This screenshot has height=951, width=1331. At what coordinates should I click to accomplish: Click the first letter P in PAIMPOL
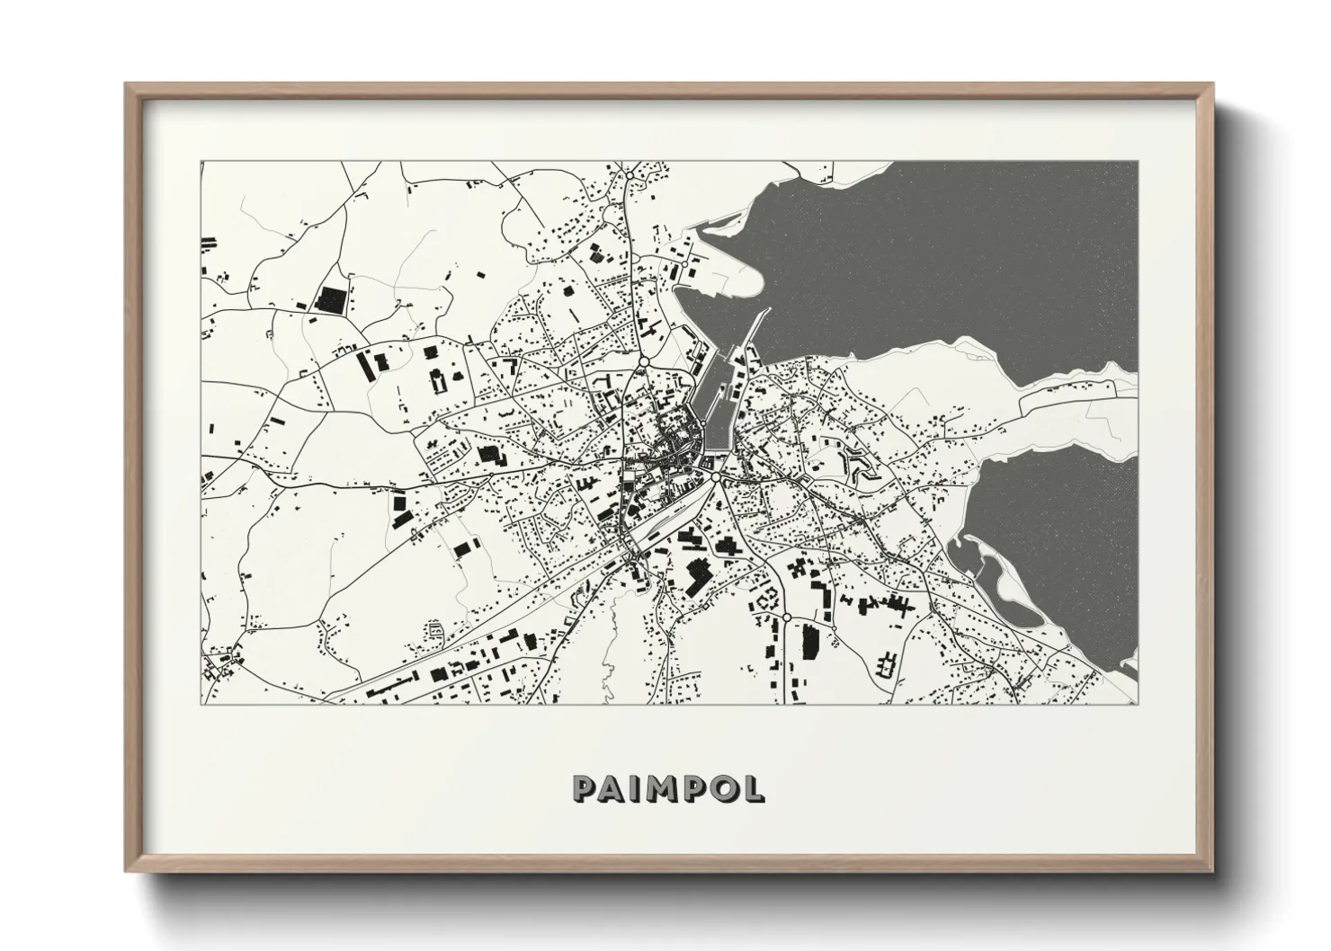point(583,788)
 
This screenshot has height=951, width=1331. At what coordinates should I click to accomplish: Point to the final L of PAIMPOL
point(755,788)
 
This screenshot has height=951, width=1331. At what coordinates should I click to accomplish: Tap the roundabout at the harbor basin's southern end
point(716,479)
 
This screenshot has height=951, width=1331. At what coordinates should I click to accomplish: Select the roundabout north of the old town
point(644,362)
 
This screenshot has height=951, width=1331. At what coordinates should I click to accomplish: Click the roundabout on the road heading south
point(786,618)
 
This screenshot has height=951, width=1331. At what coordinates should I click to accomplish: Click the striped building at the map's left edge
point(209,243)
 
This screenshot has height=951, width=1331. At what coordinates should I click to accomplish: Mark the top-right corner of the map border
point(1138,162)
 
